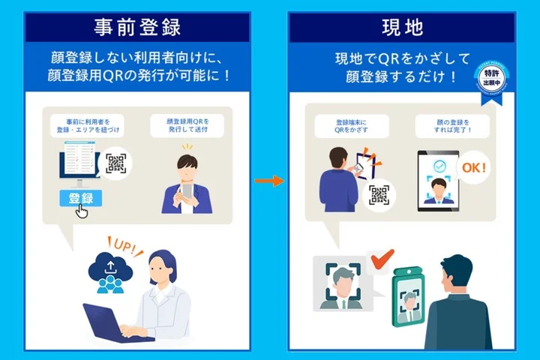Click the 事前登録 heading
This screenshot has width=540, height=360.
(x=136, y=28)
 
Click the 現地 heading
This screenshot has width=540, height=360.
(x=402, y=28)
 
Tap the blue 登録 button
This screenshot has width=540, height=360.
(x=80, y=198)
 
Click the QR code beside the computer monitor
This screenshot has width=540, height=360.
(x=116, y=163)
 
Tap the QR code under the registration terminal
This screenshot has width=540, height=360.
(x=379, y=197)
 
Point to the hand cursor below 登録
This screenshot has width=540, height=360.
(x=82, y=211)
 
